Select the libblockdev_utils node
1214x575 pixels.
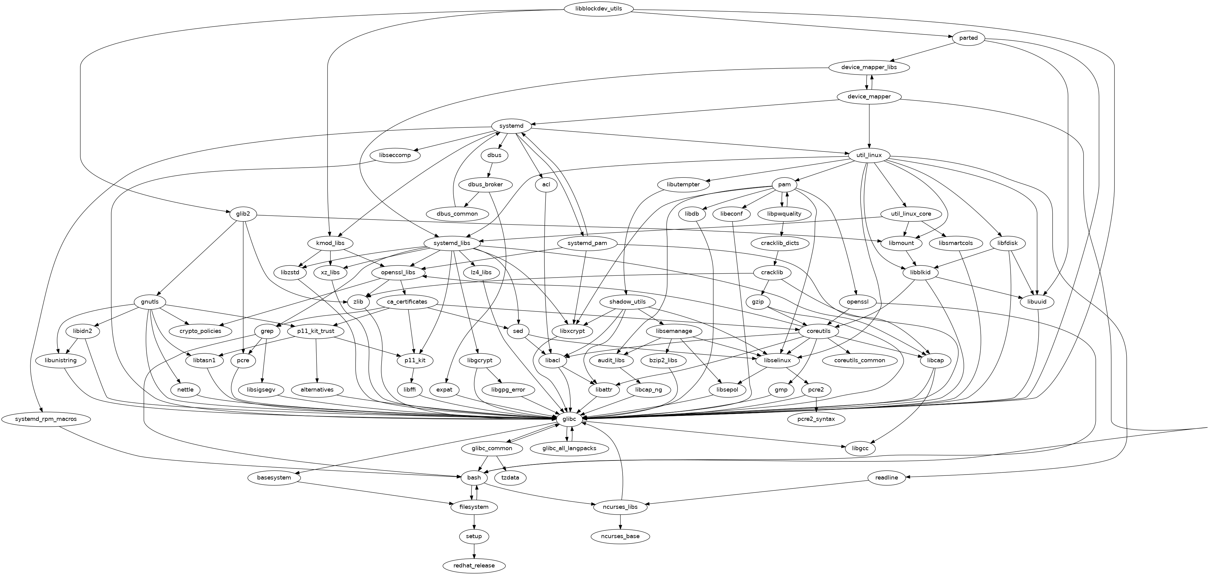tap(598, 9)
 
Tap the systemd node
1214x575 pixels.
tap(511, 126)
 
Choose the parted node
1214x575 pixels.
tap(968, 38)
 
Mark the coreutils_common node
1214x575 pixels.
tap(860, 360)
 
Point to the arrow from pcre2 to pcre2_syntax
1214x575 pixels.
tap(816, 404)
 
